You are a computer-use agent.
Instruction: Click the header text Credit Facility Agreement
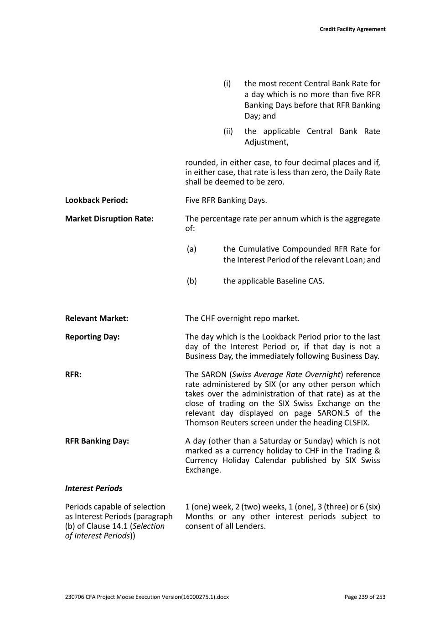tap(352, 29)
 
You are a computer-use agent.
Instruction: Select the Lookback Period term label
tap(96, 200)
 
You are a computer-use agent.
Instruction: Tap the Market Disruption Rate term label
tap(109, 219)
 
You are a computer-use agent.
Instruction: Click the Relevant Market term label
tap(96, 319)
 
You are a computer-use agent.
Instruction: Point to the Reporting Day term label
tap(92, 337)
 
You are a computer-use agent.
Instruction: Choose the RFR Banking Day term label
tap(97, 441)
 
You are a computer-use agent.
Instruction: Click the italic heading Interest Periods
tap(93, 488)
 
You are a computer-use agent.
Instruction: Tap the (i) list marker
tap(227, 84)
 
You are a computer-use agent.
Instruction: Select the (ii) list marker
tap(228, 131)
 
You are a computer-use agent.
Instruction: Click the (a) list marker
tap(192, 249)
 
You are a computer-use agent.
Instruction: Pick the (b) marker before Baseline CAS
tap(192, 281)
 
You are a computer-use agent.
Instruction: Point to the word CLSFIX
tap(353, 423)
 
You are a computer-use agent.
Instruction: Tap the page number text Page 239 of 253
tap(365, 597)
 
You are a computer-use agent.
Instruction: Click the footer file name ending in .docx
tap(147, 597)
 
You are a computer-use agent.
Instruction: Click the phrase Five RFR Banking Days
tap(226, 200)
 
